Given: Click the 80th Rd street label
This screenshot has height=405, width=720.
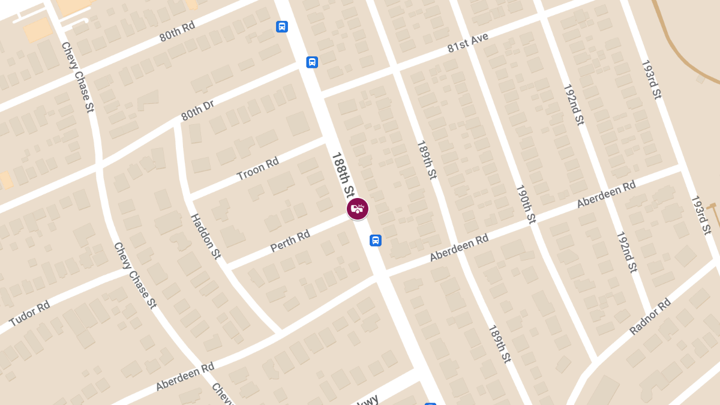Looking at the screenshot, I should click(178, 32).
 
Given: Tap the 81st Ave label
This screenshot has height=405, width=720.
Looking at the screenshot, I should click(468, 43).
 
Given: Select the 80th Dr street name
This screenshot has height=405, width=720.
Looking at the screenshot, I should click(197, 110).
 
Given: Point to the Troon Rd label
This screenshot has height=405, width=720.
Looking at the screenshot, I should click(258, 169).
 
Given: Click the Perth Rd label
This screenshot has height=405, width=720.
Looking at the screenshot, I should click(290, 240).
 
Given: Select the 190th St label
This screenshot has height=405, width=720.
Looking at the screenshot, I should click(525, 204).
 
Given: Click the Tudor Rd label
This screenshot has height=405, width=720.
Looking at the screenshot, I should click(29, 314).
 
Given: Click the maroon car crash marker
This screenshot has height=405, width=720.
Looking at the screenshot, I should click(358, 209).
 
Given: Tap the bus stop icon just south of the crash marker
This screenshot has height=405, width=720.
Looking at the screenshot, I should click(376, 241).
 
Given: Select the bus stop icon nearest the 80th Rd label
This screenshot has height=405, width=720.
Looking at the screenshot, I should click(282, 27).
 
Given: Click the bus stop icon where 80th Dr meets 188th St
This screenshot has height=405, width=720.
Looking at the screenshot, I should click(312, 62).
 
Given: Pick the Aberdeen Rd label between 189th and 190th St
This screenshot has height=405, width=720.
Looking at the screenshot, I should click(459, 248).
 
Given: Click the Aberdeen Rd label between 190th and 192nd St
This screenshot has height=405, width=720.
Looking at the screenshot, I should click(606, 194).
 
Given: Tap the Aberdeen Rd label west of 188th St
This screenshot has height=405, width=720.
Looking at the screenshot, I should click(185, 376).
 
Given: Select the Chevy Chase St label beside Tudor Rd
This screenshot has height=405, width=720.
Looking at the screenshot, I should click(135, 275).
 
